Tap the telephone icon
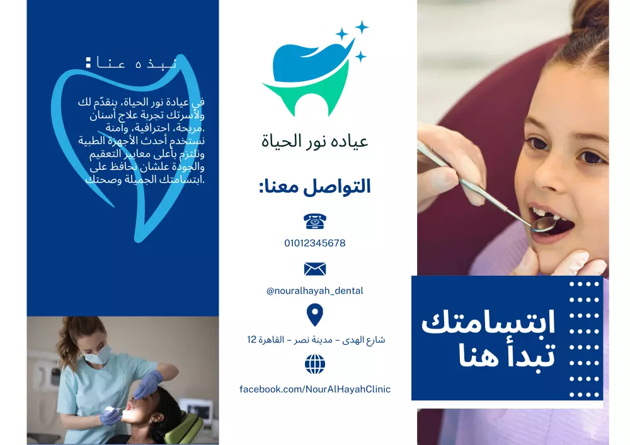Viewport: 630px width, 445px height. [x=315, y=221]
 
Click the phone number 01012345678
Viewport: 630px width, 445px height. [x=315, y=243]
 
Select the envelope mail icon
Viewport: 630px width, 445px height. [x=315, y=269]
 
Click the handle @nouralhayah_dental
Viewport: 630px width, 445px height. [x=315, y=291]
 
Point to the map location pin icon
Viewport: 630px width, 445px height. [x=314, y=314]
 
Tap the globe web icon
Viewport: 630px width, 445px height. [x=315, y=364]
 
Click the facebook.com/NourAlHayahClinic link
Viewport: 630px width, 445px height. [x=315, y=389]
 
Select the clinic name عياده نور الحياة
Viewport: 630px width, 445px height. [x=315, y=141]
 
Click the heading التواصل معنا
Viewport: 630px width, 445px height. [x=315, y=186]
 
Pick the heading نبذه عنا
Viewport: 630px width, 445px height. [x=132, y=63]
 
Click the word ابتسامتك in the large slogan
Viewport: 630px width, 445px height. [x=488, y=322]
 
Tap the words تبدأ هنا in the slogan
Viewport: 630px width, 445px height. [x=507, y=356]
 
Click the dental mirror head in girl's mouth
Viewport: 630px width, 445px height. [x=543, y=223]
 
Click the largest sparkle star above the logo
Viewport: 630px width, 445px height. [x=362, y=27]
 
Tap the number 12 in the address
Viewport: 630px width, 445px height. [x=252, y=340]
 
